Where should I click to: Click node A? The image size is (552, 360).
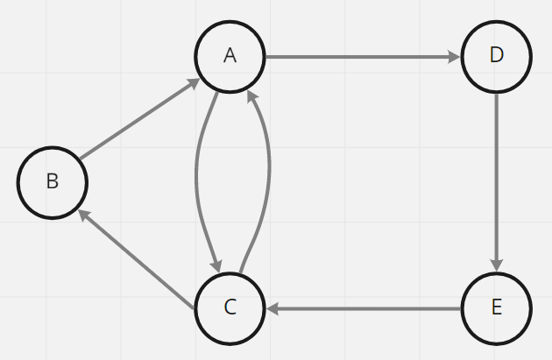click(230, 56)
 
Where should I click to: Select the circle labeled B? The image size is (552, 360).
click(53, 182)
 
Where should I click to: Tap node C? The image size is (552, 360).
click(230, 307)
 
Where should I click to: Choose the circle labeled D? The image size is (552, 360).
click(496, 56)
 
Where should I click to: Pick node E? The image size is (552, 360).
click(496, 307)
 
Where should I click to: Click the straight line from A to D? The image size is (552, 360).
click(359, 57)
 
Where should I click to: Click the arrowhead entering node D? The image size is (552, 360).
click(454, 57)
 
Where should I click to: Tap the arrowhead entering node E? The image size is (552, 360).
click(497, 265)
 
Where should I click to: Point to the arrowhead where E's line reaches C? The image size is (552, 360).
click(272, 308)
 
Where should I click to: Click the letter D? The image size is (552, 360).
click(496, 56)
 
